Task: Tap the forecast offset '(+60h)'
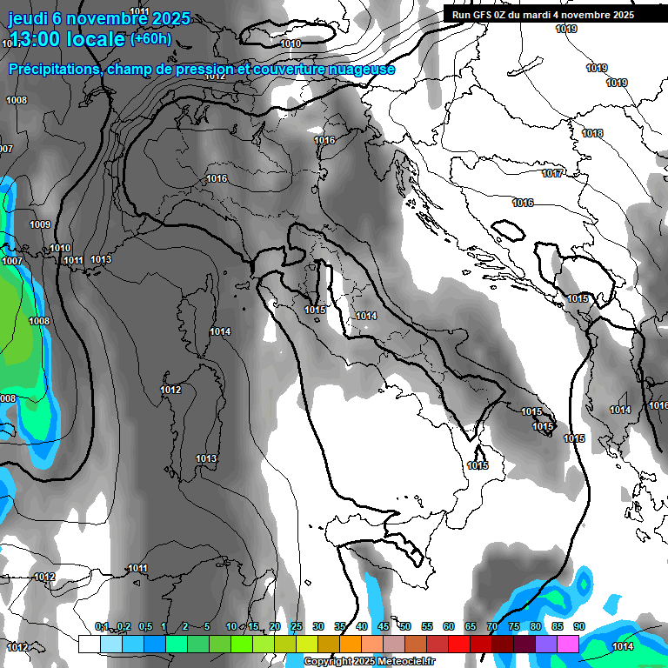(x=150, y=38)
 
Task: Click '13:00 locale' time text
(x=65, y=39)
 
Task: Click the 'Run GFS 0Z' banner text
(x=483, y=14)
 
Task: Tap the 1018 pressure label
(x=592, y=133)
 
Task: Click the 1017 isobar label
(x=552, y=173)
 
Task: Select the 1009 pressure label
(x=40, y=224)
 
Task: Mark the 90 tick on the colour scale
(x=578, y=626)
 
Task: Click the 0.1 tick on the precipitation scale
(x=102, y=626)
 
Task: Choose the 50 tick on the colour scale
(x=404, y=626)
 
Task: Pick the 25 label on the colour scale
(x=297, y=626)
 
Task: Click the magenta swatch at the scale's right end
(x=568, y=644)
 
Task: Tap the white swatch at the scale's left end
(x=89, y=644)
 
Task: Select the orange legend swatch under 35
(x=351, y=644)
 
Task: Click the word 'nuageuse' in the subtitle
(x=360, y=69)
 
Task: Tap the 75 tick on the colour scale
(x=513, y=626)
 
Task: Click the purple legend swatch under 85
(x=546, y=644)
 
